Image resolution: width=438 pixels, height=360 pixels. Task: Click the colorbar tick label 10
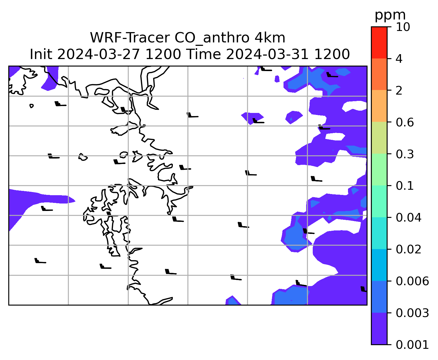(403, 27)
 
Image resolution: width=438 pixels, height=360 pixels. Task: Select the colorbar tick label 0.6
(404, 122)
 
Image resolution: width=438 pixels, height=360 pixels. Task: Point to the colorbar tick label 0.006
(412, 281)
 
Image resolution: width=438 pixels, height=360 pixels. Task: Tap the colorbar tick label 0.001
(412, 345)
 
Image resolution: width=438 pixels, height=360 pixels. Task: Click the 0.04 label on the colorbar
(408, 218)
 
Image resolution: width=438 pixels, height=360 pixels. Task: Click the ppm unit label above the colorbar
(390, 16)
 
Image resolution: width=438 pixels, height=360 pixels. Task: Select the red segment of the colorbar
(379, 42)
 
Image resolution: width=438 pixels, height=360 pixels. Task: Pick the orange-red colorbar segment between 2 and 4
(379, 74)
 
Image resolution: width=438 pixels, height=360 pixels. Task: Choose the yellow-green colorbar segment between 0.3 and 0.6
(379, 138)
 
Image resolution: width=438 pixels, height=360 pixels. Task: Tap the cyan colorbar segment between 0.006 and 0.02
(379, 265)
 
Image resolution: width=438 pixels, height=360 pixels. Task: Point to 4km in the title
(270, 38)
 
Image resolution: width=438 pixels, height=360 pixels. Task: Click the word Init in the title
(41, 54)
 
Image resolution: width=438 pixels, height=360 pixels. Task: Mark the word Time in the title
(204, 54)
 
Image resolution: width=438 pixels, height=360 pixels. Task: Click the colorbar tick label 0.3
(404, 154)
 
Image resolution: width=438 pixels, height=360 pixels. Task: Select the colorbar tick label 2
(399, 91)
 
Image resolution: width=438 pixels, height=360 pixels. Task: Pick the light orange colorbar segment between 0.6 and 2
(379, 106)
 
